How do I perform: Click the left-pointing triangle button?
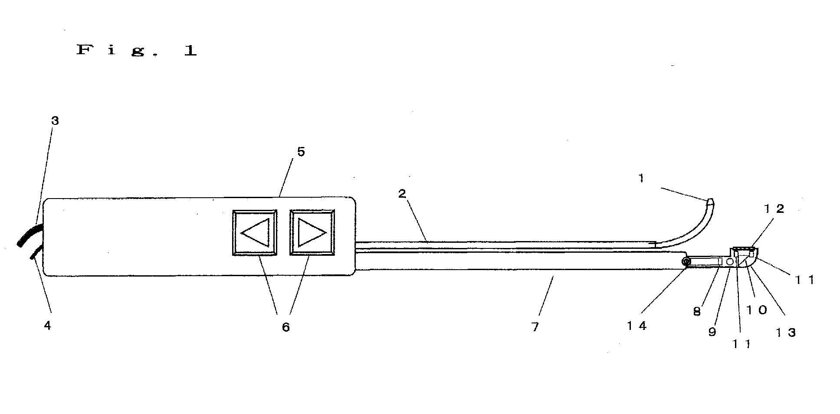coord(255,233)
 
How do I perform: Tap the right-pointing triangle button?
coord(312,233)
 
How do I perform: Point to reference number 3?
coord(55,121)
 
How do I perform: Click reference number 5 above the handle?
coord(301,151)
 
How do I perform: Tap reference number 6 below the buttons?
coord(285,327)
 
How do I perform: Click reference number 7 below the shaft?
coord(535,327)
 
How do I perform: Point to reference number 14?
coord(637,326)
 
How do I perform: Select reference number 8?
coord(697,312)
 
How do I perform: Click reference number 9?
coord(712,332)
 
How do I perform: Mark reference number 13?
coord(786,333)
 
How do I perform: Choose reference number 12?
coord(774,209)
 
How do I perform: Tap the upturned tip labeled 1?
coord(710,202)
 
